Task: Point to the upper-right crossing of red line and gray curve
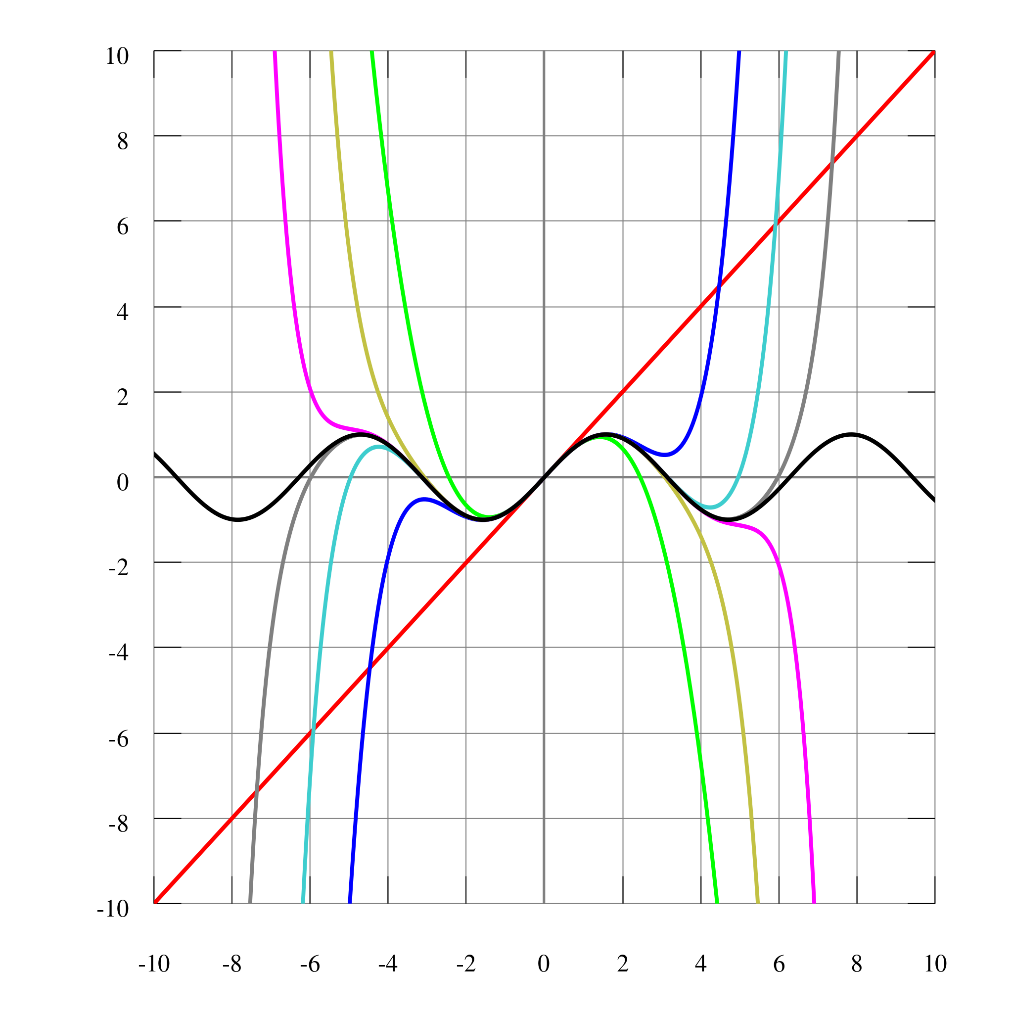(x=831, y=164)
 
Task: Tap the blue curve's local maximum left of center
(x=422, y=500)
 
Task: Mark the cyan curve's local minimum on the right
(x=710, y=507)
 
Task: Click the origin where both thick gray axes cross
(x=544, y=477)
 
